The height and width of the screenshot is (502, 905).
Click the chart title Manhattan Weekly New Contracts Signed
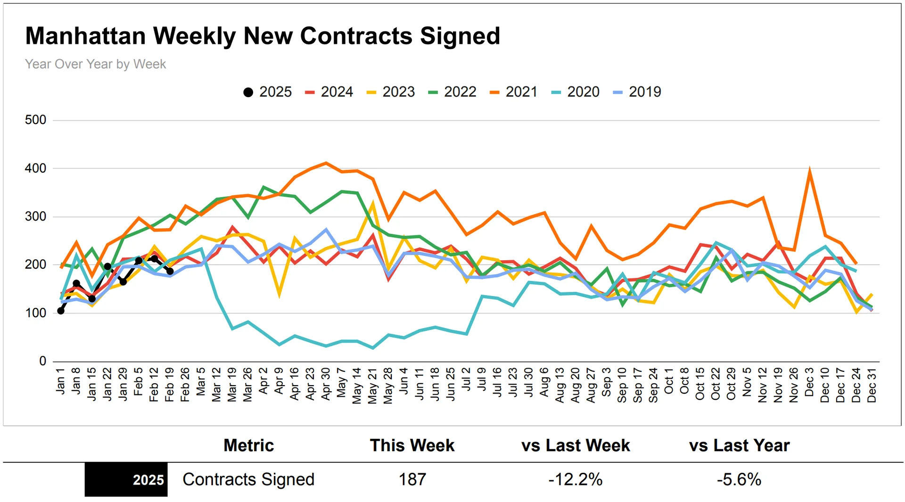click(x=263, y=36)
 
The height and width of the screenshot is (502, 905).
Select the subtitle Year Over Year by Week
click(x=95, y=64)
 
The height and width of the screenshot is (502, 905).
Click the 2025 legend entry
click(x=267, y=92)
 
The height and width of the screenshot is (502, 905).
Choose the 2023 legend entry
click(x=391, y=92)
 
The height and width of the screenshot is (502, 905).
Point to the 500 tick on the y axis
click(x=36, y=120)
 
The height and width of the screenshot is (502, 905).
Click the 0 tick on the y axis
click(x=42, y=361)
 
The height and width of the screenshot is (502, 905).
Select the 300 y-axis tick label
click(x=36, y=216)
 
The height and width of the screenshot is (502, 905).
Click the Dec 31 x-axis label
click(x=872, y=385)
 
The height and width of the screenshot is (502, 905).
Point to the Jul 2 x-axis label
click(x=466, y=379)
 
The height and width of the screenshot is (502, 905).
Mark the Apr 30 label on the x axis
click(x=326, y=384)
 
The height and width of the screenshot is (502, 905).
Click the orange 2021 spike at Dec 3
click(x=809, y=171)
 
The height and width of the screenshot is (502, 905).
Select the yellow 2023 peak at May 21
click(x=373, y=204)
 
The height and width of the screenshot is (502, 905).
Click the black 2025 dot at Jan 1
click(x=61, y=311)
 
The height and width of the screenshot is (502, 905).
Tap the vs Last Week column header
click(x=576, y=445)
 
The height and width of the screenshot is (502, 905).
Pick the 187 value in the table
click(x=412, y=479)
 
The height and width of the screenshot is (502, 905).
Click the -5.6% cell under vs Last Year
click(x=739, y=479)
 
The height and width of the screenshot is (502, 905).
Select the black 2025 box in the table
click(x=126, y=479)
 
